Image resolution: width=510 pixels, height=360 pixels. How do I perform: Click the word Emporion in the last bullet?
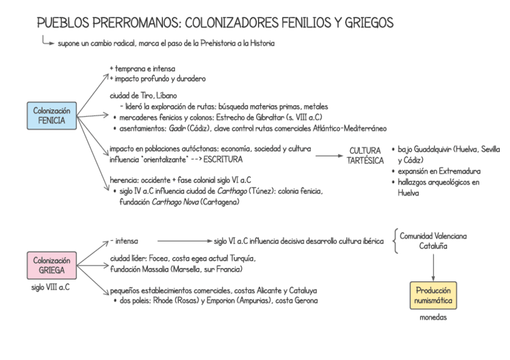[231, 300]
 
